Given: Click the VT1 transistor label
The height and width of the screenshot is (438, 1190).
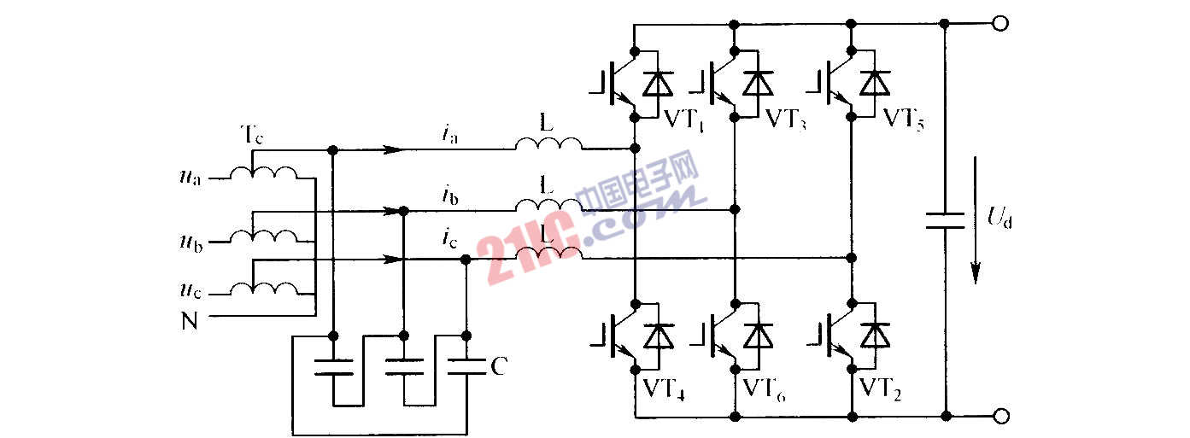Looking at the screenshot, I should click(x=683, y=119).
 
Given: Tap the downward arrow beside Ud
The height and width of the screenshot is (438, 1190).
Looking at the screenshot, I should click(x=976, y=256).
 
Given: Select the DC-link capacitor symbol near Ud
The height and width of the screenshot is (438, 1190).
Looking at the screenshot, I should click(x=946, y=220).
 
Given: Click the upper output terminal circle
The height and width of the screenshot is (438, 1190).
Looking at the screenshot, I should click(x=1001, y=23).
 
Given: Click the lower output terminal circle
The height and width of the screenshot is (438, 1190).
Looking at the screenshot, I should click(x=1001, y=417).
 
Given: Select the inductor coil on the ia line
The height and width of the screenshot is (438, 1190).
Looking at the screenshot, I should click(x=548, y=147).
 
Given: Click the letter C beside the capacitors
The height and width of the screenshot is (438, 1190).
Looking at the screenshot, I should click(x=500, y=367).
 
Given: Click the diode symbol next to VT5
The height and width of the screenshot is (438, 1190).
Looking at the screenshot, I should click(x=872, y=84).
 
